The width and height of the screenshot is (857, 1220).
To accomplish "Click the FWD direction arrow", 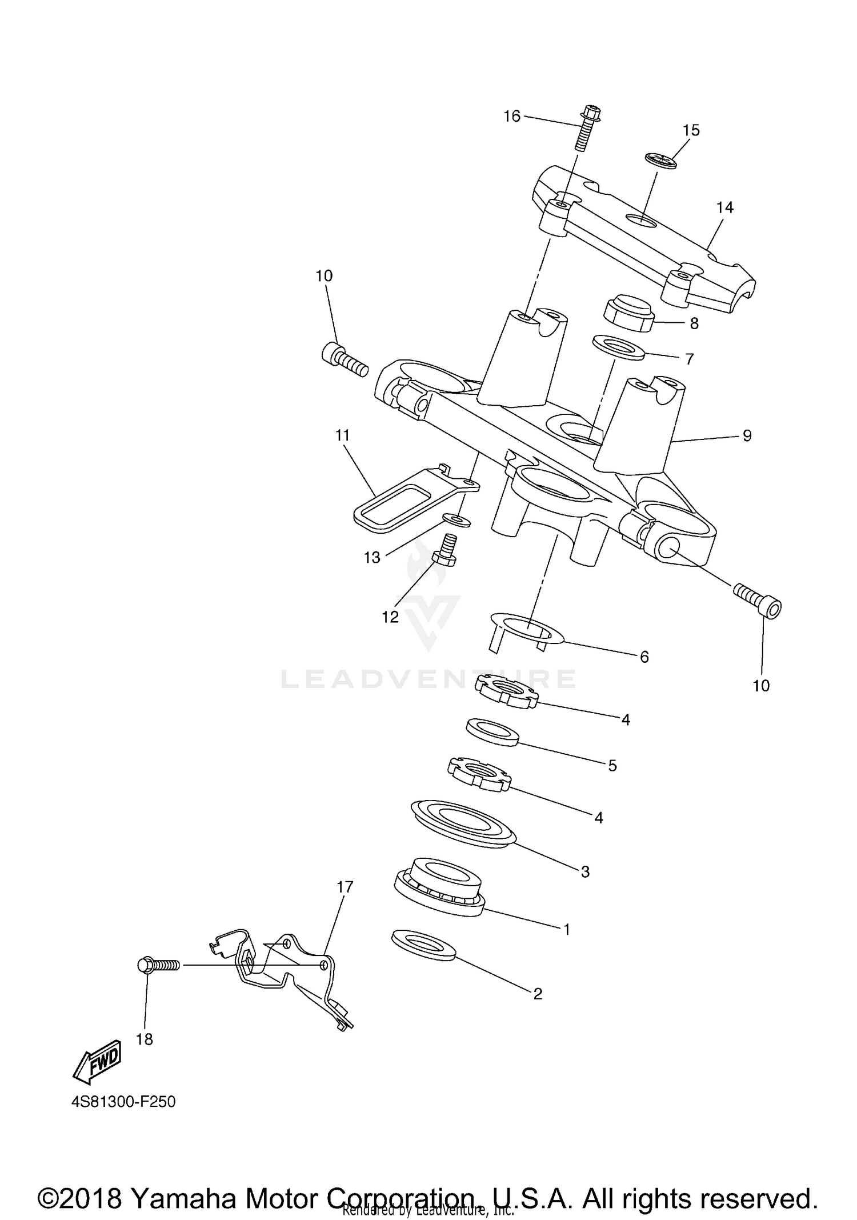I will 98,1061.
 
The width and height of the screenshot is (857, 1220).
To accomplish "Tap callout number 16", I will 512,117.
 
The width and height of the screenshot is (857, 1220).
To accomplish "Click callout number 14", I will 725,207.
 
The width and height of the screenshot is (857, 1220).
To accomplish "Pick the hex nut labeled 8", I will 628,314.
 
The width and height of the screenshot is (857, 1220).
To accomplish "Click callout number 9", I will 747,436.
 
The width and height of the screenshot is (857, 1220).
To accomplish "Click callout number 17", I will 345,887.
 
